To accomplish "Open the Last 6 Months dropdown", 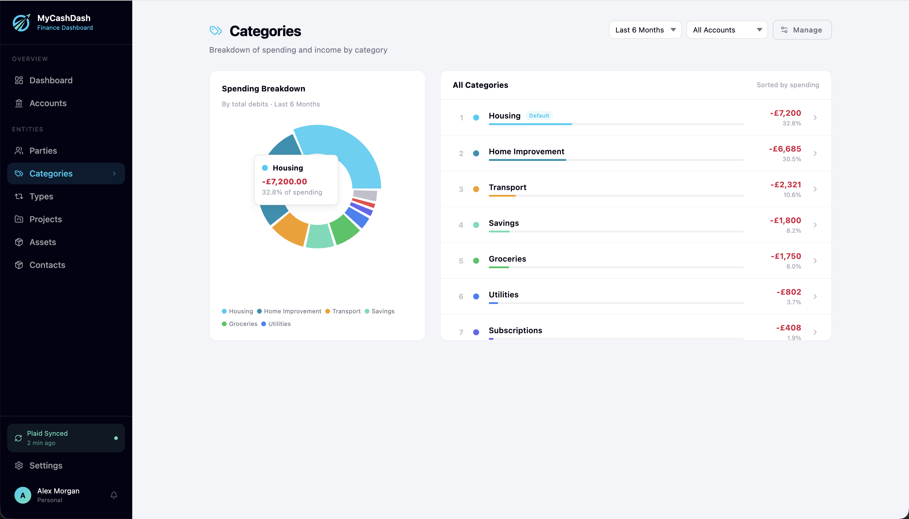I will (645, 30).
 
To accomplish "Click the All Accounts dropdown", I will (727, 30).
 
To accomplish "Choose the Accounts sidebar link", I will (48, 103).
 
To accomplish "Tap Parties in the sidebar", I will (43, 150).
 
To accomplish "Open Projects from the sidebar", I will (45, 219).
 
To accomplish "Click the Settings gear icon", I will (19, 465).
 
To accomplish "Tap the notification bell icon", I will (114, 495).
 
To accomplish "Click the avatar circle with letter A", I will (23, 495).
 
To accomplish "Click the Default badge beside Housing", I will (539, 115).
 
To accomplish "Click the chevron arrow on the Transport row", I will (815, 189).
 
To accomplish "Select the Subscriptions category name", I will (515, 330).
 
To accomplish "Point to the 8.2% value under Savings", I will (794, 231).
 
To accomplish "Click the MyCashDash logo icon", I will (21, 23).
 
